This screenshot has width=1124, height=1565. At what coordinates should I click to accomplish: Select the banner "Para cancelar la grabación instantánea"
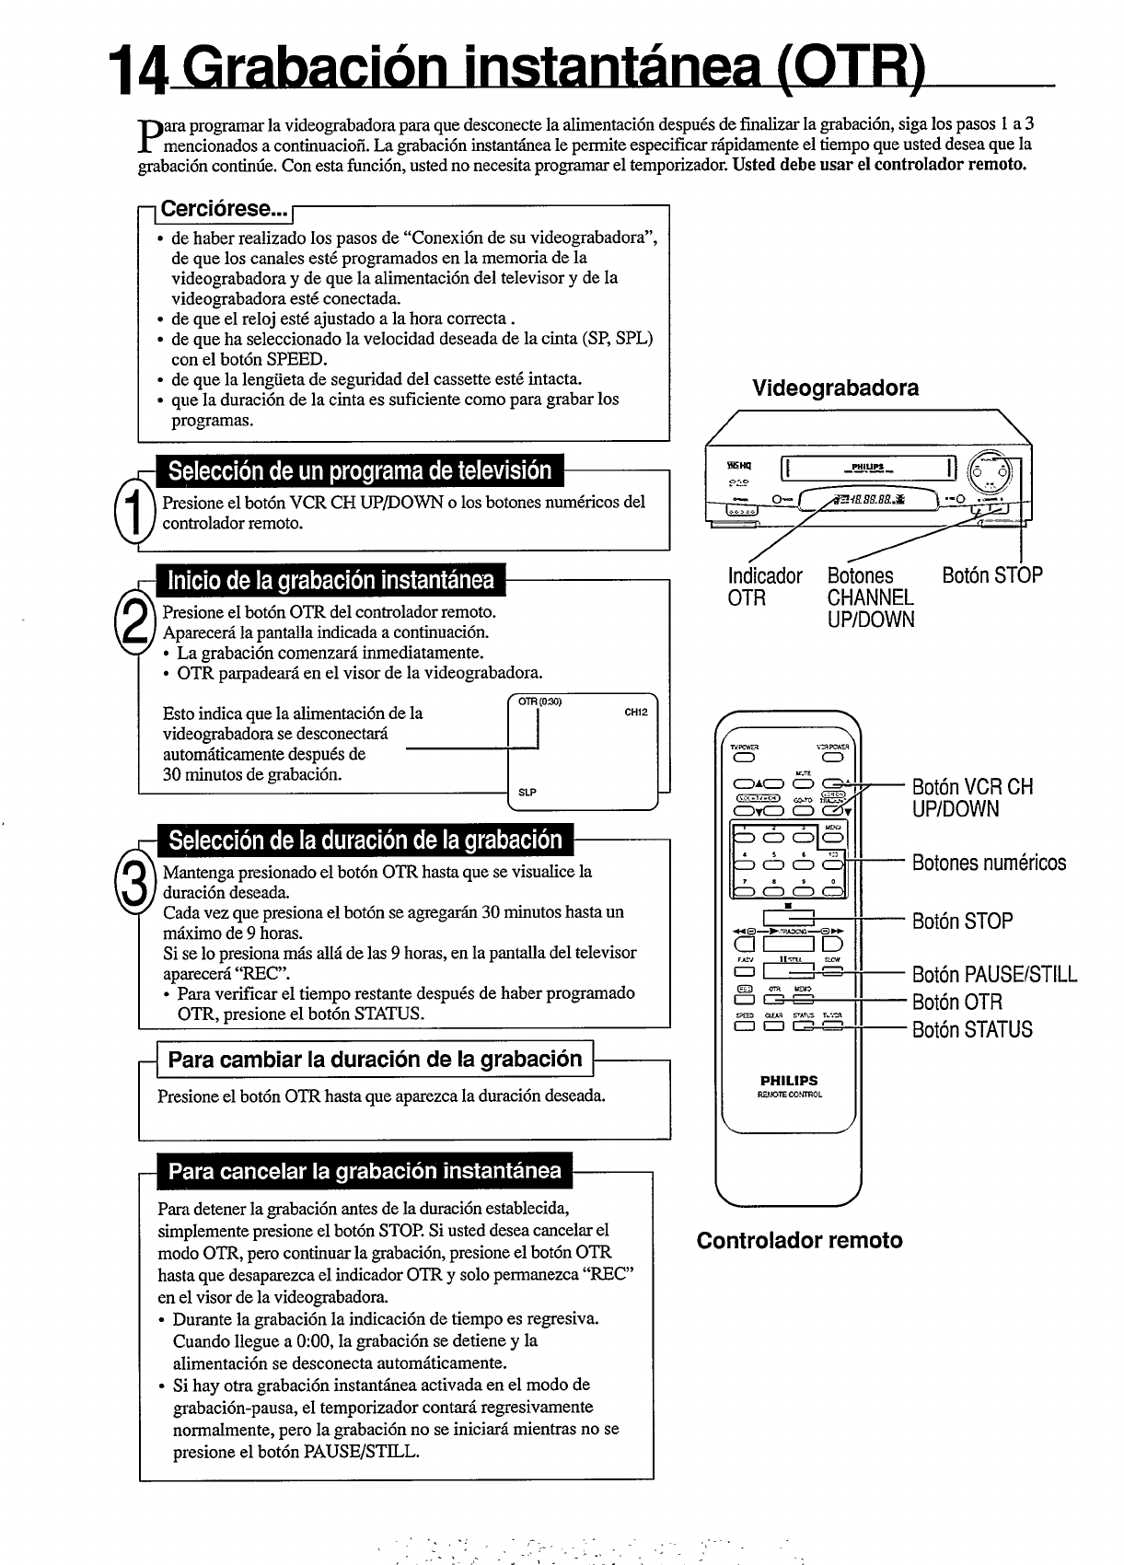365,1171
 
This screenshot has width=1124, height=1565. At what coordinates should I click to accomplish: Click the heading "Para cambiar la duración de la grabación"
376,1059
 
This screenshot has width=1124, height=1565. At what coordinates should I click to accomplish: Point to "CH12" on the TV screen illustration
636,712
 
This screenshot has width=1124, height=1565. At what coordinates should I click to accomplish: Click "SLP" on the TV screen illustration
527,792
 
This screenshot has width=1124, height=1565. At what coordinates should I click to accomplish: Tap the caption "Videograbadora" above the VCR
835,388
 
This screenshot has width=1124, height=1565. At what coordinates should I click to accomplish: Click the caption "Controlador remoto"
799,1240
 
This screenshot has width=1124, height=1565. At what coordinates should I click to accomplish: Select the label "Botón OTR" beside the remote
956,1003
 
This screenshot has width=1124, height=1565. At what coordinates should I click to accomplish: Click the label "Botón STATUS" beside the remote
972,1029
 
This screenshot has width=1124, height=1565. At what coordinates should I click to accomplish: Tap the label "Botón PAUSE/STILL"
994,975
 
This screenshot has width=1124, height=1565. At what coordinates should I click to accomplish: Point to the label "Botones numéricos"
989,863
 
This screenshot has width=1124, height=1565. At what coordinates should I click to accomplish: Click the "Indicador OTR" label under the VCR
764,586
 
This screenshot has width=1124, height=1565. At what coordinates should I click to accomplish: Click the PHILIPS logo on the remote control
789,1081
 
